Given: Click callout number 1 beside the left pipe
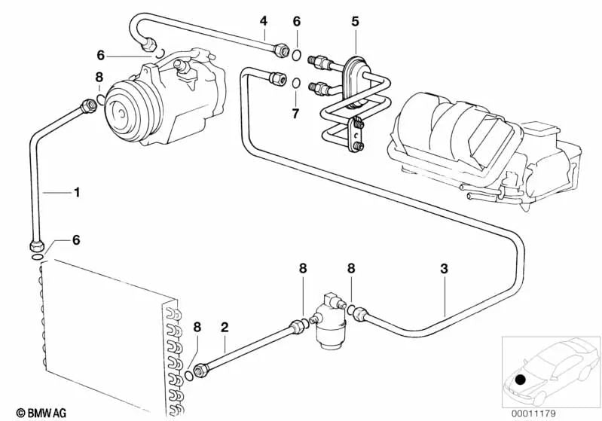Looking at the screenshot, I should point(75,193).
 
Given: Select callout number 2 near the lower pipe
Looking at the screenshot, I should point(224,327).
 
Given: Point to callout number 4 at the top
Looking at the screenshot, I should point(263,20).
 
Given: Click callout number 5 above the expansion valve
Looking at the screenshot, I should point(354,20).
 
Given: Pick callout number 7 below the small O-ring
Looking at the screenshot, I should point(295,114).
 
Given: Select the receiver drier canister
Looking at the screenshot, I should point(329,320).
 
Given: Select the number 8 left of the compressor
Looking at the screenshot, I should point(99,77).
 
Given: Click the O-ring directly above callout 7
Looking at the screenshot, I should point(296,83).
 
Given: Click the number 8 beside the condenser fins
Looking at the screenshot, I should point(197,327).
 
